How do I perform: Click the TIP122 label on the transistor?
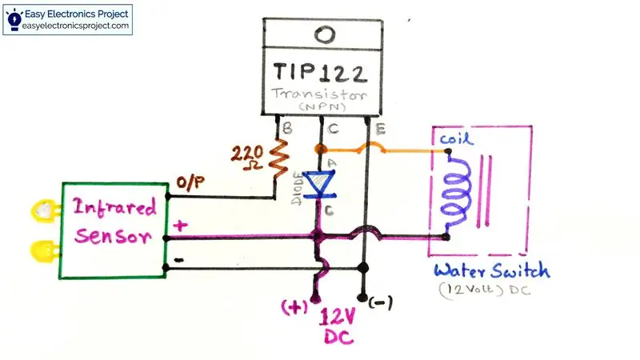tap(320, 72)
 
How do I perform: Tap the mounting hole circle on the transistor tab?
tap(325, 34)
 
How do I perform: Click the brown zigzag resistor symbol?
tap(278, 158)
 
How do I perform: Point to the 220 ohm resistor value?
tap(247, 158)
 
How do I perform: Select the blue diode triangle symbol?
tap(321, 184)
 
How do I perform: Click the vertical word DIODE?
tap(298, 189)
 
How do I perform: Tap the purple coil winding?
tap(456, 193)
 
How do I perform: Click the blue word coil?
tap(456, 138)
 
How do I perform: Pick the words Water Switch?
tap(492, 271)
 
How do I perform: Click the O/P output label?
tap(190, 183)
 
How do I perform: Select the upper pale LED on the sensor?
tap(46, 210)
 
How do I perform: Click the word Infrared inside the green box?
tap(114, 206)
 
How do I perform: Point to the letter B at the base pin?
tap(287, 129)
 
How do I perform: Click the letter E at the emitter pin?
tap(380, 130)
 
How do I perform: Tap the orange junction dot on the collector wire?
tap(321, 149)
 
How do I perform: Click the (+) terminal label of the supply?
tap(294, 307)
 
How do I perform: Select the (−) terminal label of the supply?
tap(381, 303)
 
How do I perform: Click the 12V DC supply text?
tap(338, 326)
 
